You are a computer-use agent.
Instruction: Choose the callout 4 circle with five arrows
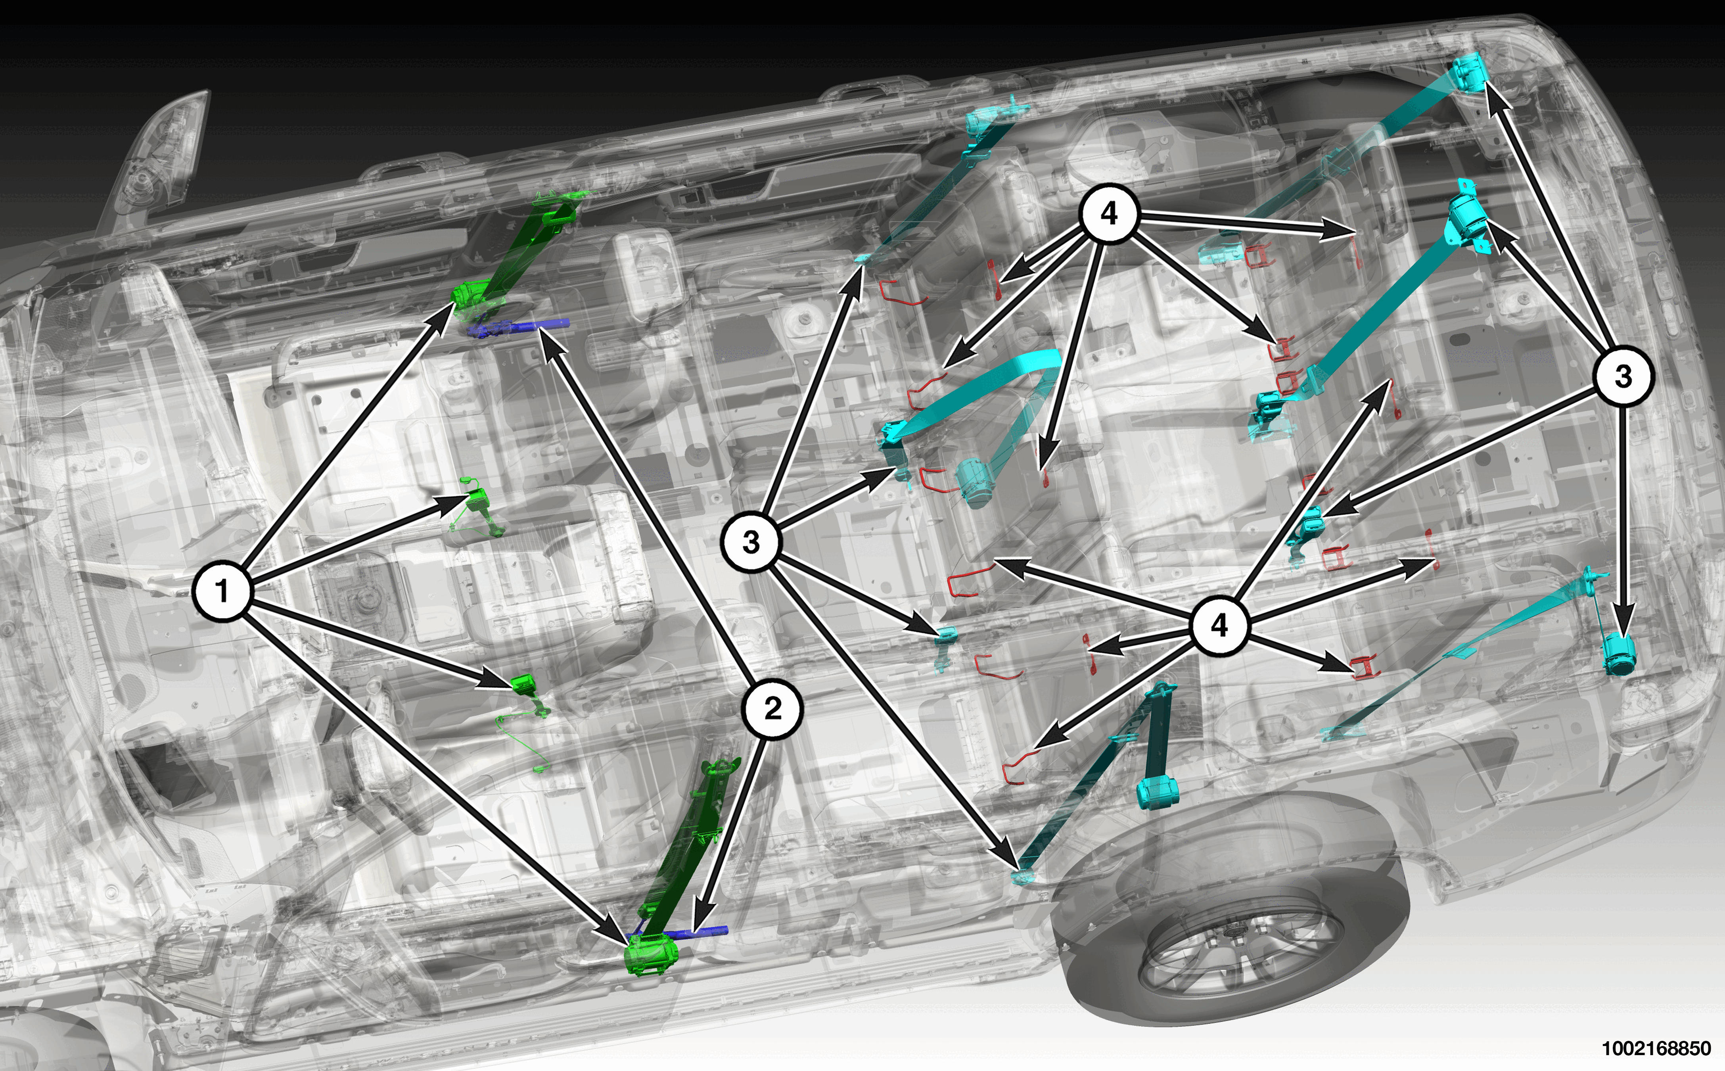1109,213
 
